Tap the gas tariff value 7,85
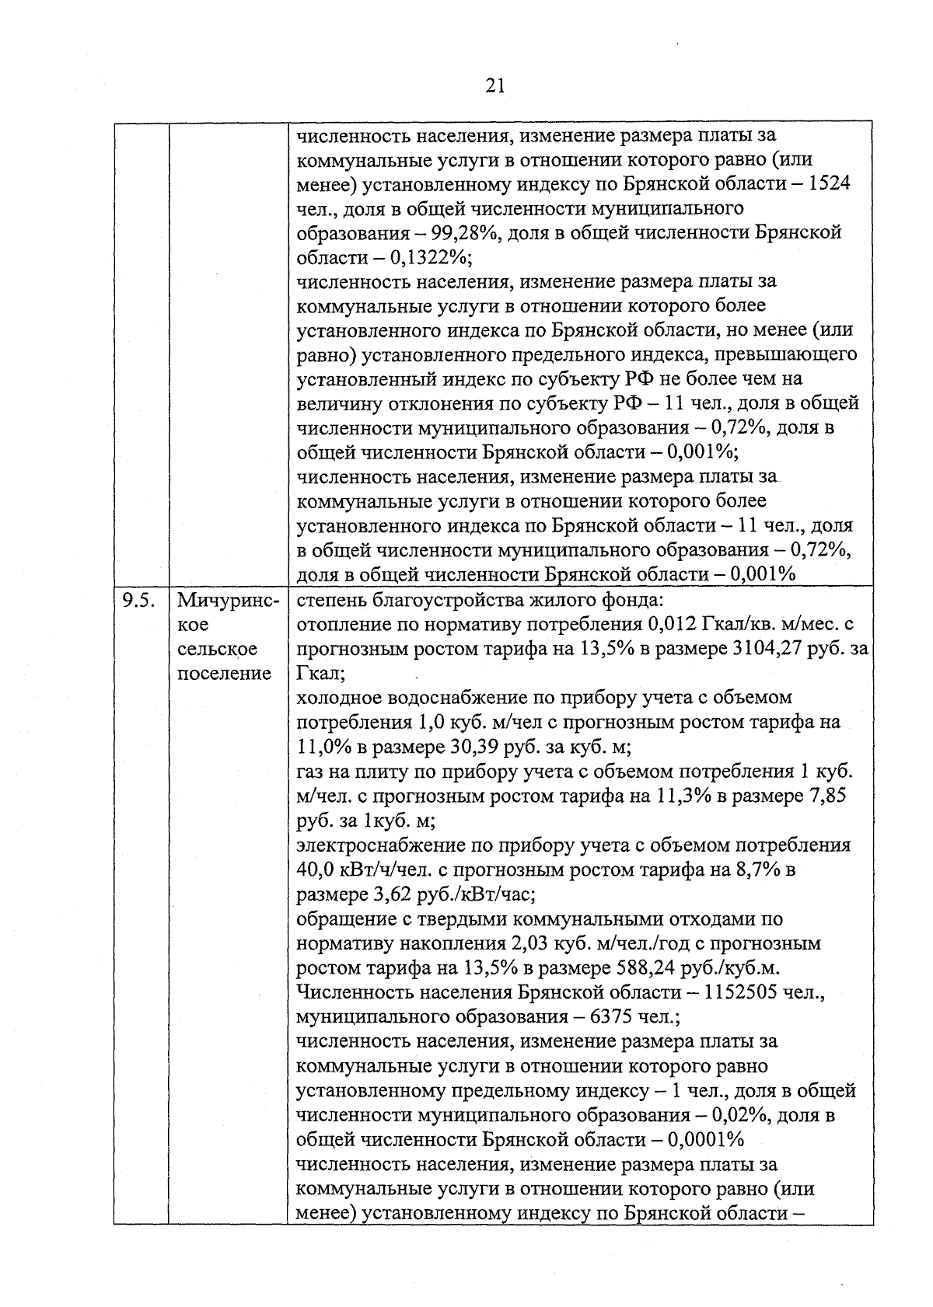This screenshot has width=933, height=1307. coord(827,796)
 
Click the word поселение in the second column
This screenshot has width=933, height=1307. coord(225,673)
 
